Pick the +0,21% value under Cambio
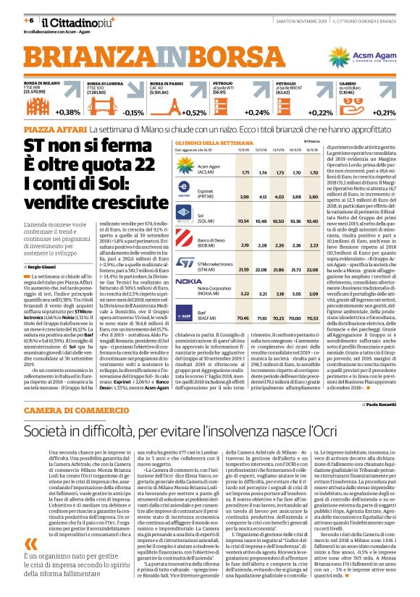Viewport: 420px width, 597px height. [385, 112]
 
